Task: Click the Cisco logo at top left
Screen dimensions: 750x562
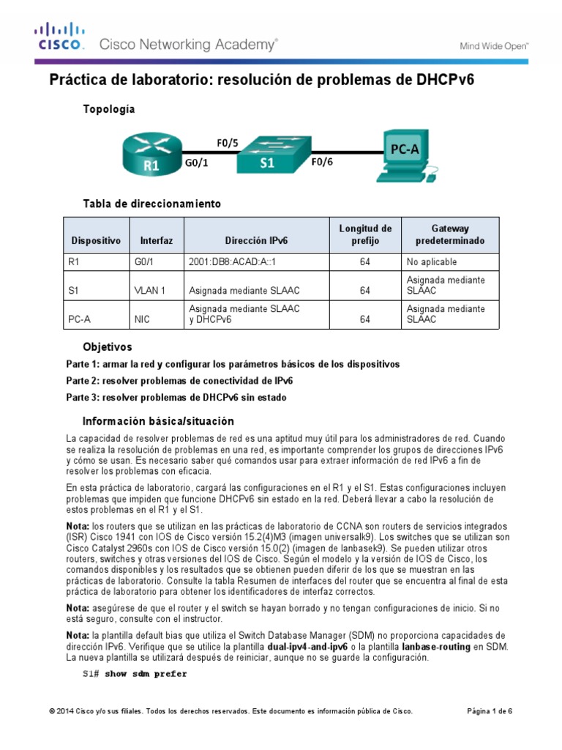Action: pyautogui.click(x=61, y=37)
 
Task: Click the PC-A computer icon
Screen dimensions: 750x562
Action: pyautogui.click(x=405, y=155)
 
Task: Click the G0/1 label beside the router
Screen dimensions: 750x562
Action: pyautogui.click(x=196, y=164)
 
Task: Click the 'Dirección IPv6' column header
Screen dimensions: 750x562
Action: pyautogui.click(x=256, y=241)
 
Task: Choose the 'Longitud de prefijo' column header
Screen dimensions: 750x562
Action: pyautogui.click(x=365, y=234)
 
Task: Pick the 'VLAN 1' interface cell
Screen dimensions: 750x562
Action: pyautogui.click(x=153, y=291)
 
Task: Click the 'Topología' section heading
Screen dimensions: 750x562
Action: pyautogui.click(x=109, y=108)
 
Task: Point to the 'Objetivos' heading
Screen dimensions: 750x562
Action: pyautogui.click(x=108, y=346)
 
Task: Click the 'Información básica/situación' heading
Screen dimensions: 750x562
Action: pyautogui.click(x=158, y=421)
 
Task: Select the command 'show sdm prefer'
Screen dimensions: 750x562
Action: pyautogui.click(x=146, y=674)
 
